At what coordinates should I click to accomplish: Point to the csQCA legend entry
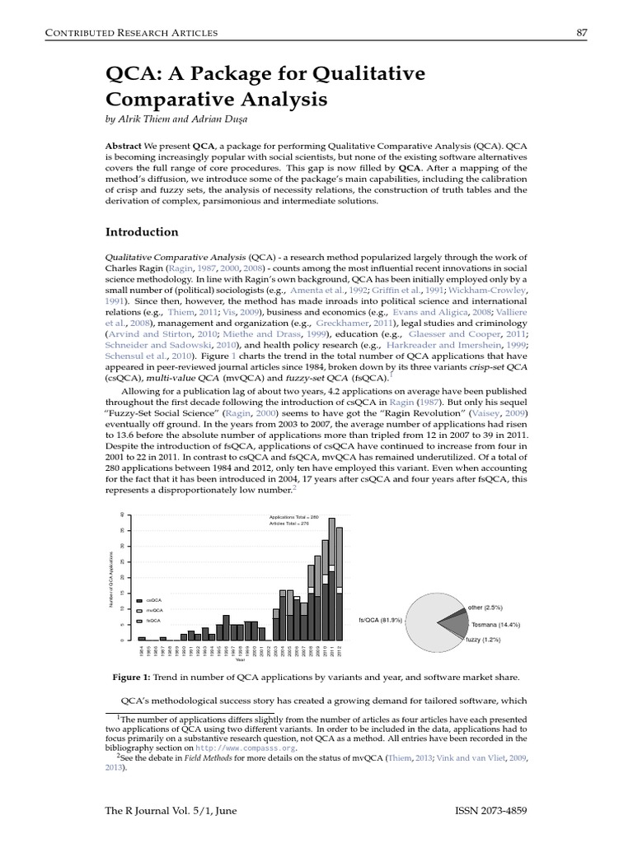(x=153, y=600)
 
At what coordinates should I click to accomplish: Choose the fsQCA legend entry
(x=153, y=620)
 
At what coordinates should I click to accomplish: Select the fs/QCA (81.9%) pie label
(x=380, y=619)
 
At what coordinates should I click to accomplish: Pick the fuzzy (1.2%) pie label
(x=483, y=640)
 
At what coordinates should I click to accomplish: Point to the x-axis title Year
(x=240, y=659)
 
